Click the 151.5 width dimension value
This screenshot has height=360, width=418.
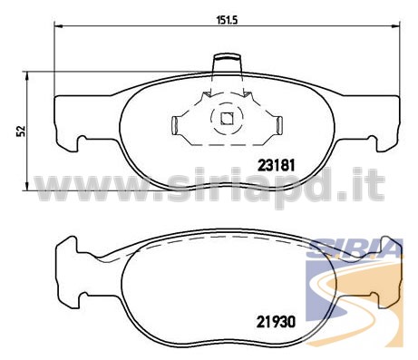(228, 20)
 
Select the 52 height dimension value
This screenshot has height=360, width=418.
(21, 131)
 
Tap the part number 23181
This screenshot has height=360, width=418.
(276, 165)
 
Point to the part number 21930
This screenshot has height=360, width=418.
(276, 322)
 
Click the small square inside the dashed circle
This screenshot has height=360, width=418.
(227, 118)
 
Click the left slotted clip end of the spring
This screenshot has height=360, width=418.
(175, 125)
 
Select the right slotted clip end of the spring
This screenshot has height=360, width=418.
(279, 125)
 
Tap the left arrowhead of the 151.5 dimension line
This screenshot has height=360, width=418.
(59, 26)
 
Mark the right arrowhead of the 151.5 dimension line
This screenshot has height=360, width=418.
(396, 26)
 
